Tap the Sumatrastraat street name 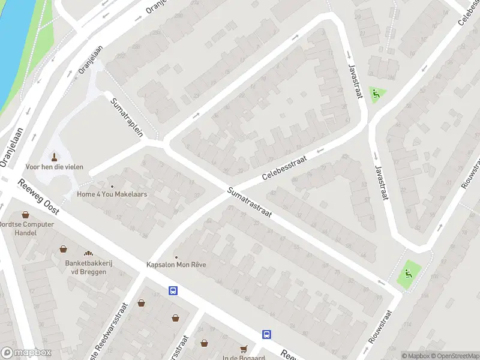point(250,203)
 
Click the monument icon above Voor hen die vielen point(55,157)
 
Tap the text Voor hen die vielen point(55,167)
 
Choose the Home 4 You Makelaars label point(112,194)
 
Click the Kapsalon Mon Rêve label point(176,265)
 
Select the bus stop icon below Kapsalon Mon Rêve point(173,290)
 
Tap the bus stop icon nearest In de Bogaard point(266,334)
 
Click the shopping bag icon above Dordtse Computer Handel point(26,214)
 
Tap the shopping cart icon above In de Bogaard point(244,349)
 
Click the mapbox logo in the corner point(26,353)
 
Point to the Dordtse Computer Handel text point(27,229)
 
